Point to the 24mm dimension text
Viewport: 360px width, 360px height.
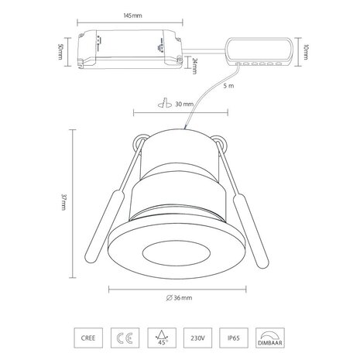197,65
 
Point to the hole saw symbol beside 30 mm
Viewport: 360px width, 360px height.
164,104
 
